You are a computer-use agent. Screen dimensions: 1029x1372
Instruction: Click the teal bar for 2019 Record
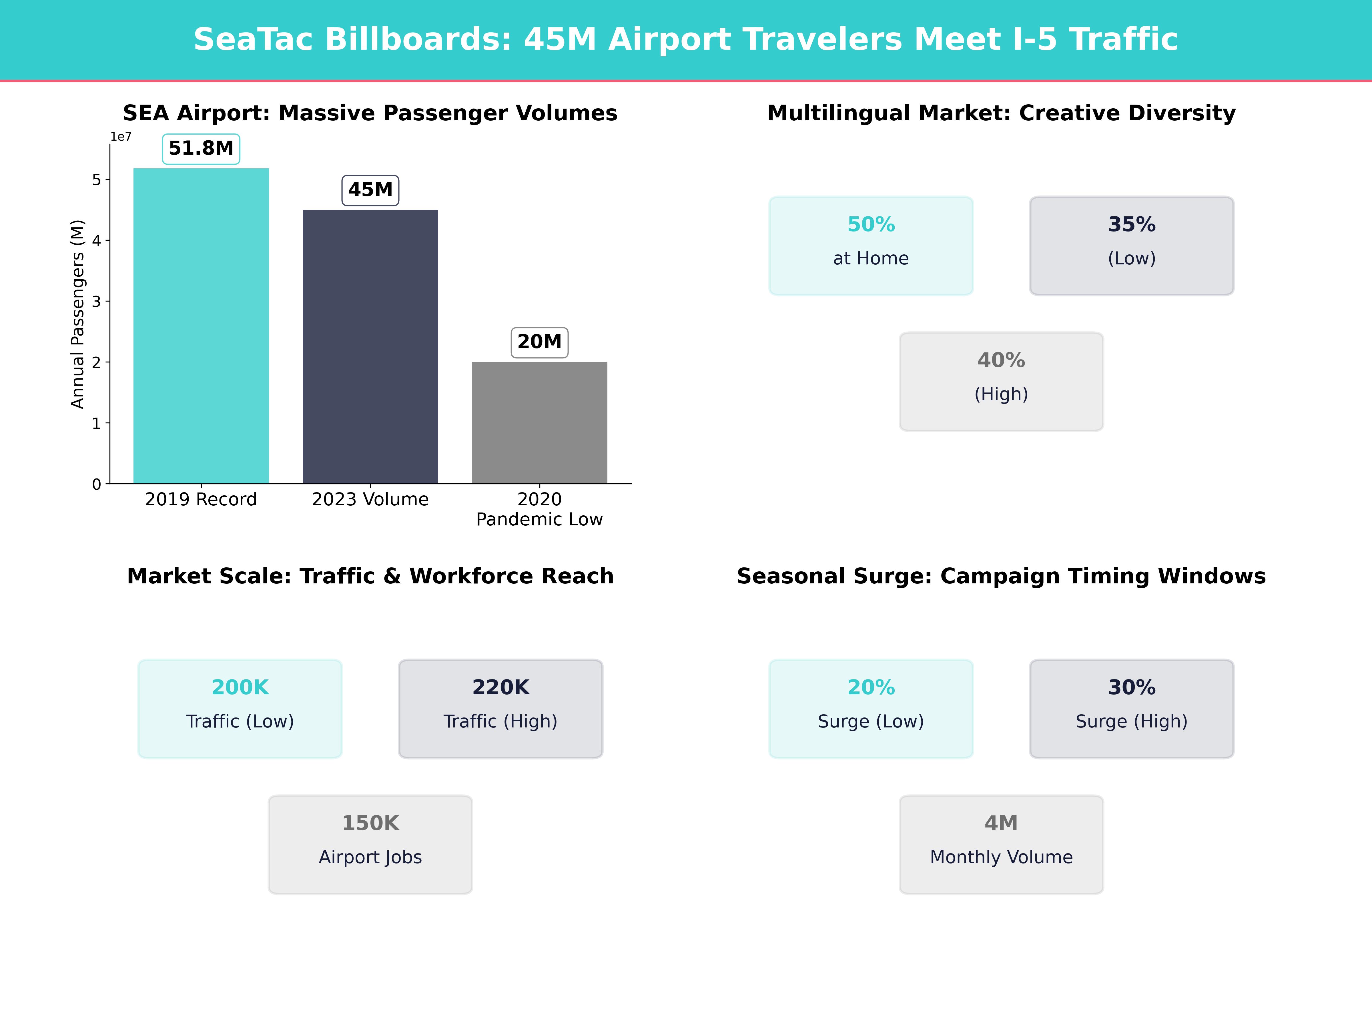point(201,326)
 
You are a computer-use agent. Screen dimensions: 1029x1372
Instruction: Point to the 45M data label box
point(370,190)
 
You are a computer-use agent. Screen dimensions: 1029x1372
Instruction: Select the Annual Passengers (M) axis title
point(77,314)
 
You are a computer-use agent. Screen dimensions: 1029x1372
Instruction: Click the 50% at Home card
point(871,246)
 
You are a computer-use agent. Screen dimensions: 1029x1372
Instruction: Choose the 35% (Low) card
point(1131,246)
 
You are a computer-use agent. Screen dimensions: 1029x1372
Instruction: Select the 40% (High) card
point(1001,382)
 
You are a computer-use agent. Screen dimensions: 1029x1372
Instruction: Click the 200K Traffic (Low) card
point(240,708)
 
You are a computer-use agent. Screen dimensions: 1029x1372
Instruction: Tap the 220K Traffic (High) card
point(500,708)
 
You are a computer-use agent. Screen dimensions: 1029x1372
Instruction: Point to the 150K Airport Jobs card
point(370,844)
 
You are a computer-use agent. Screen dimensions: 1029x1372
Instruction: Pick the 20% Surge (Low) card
point(871,708)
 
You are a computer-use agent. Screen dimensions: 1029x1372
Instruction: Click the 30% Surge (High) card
point(1131,708)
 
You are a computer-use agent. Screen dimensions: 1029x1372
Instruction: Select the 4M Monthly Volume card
point(1001,844)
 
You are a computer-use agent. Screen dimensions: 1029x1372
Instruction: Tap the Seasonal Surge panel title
point(1001,576)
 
